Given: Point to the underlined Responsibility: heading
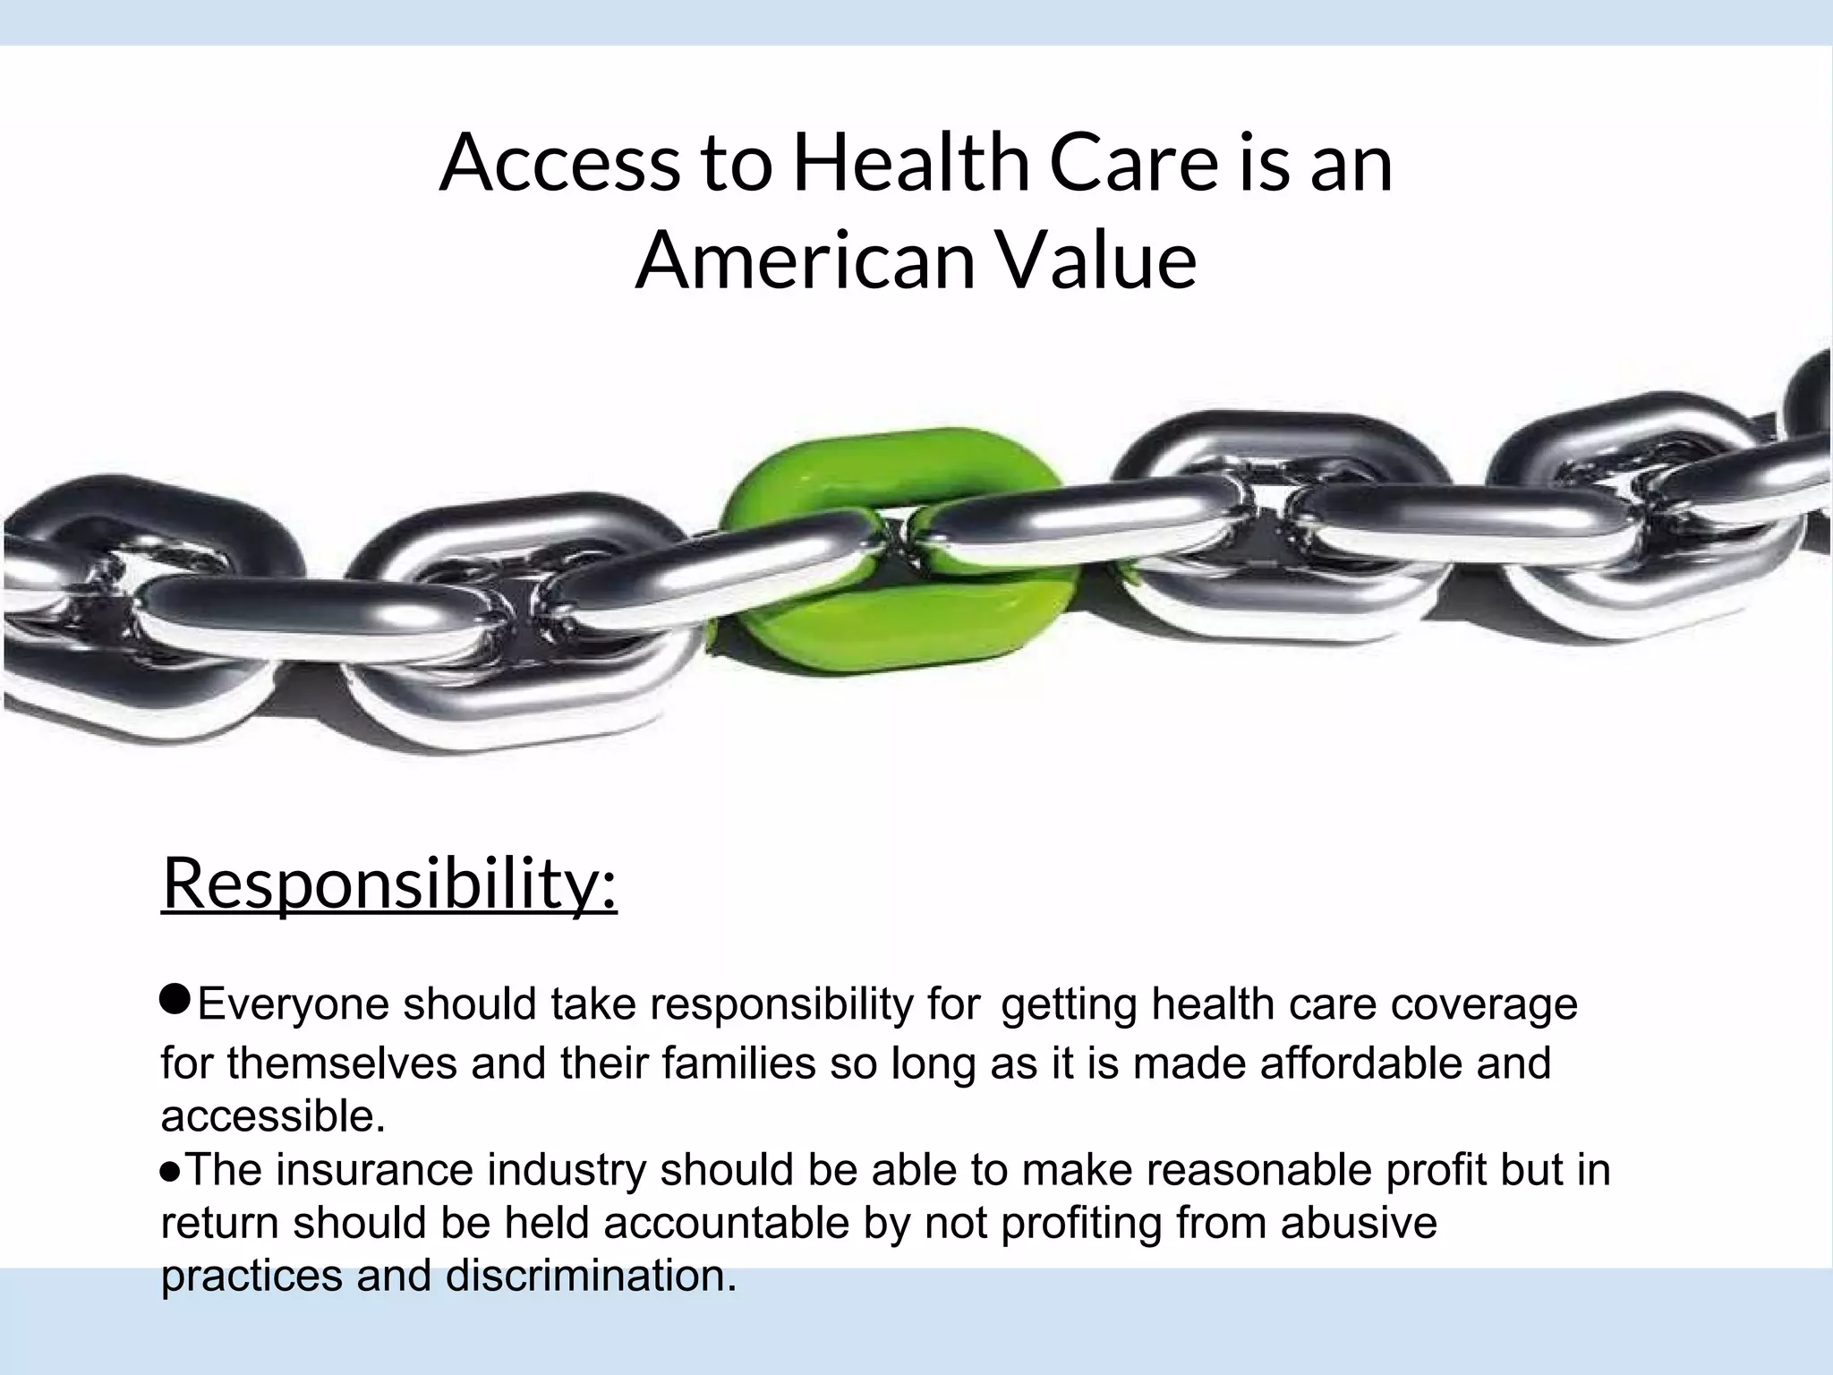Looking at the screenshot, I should (389, 884).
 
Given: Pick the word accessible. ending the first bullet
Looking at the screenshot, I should (273, 1116).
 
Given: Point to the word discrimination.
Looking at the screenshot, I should (591, 1276).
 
